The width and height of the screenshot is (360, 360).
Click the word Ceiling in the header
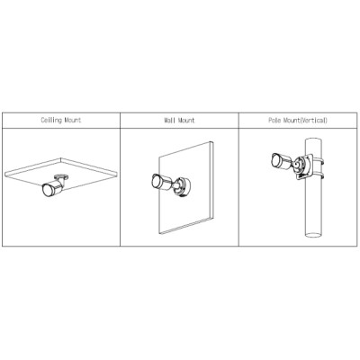(51, 121)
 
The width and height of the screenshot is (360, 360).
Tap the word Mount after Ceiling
(73, 121)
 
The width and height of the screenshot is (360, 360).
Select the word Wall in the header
(169, 121)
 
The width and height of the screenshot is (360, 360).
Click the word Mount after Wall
(186, 121)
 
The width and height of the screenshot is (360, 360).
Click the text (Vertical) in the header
(314, 121)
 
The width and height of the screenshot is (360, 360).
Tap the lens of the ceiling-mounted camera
(47, 190)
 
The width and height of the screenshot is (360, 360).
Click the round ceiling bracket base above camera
(61, 176)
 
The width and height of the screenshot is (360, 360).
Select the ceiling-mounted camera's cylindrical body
(56, 187)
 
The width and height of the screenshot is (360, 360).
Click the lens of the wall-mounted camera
(156, 181)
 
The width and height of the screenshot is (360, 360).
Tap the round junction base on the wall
(183, 187)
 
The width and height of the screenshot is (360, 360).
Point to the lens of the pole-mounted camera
(275, 160)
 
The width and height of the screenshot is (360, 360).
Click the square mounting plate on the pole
(303, 166)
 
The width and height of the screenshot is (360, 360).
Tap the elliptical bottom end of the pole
(313, 234)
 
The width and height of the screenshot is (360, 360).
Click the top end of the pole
(313, 139)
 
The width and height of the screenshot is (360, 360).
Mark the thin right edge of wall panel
(212, 179)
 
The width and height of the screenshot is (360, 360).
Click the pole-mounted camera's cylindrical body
(283, 161)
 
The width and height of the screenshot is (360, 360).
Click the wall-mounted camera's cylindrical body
(165, 182)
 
